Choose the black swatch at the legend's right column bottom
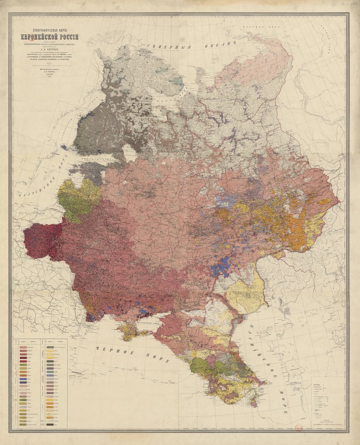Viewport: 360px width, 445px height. (51, 425)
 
